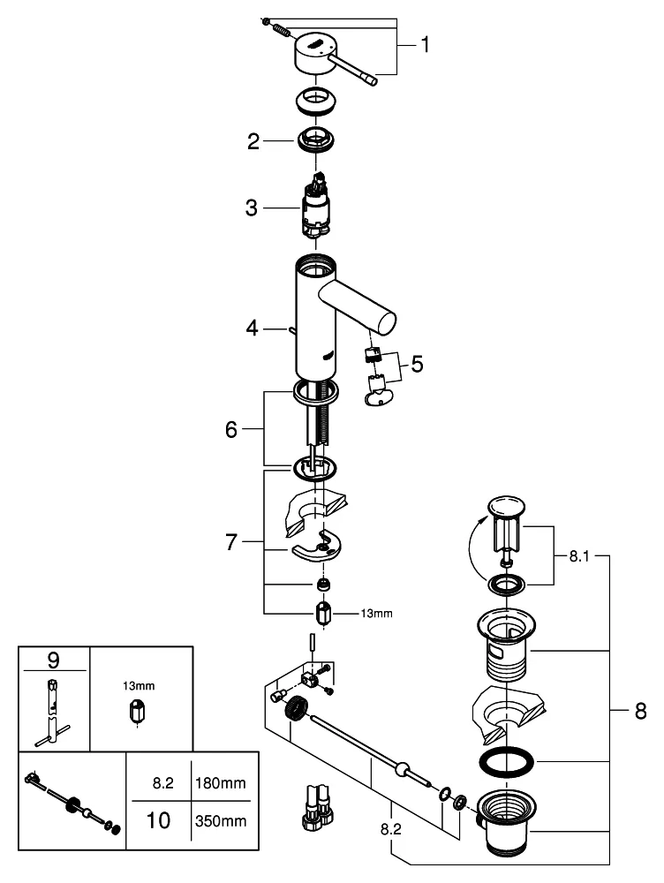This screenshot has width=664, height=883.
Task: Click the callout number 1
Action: click(x=426, y=44)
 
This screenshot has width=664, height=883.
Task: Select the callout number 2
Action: click(x=253, y=141)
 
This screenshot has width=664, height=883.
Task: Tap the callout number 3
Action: click(x=252, y=208)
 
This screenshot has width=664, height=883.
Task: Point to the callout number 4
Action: click(x=253, y=328)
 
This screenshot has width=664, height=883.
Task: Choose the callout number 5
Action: click(x=416, y=362)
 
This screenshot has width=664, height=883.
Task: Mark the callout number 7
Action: click(x=231, y=542)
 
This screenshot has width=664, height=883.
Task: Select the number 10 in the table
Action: click(x=158, y=820)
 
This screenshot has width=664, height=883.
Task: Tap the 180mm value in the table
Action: click(x=220, y=782)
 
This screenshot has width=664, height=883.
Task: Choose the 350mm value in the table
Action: click(x=220, y=821)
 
